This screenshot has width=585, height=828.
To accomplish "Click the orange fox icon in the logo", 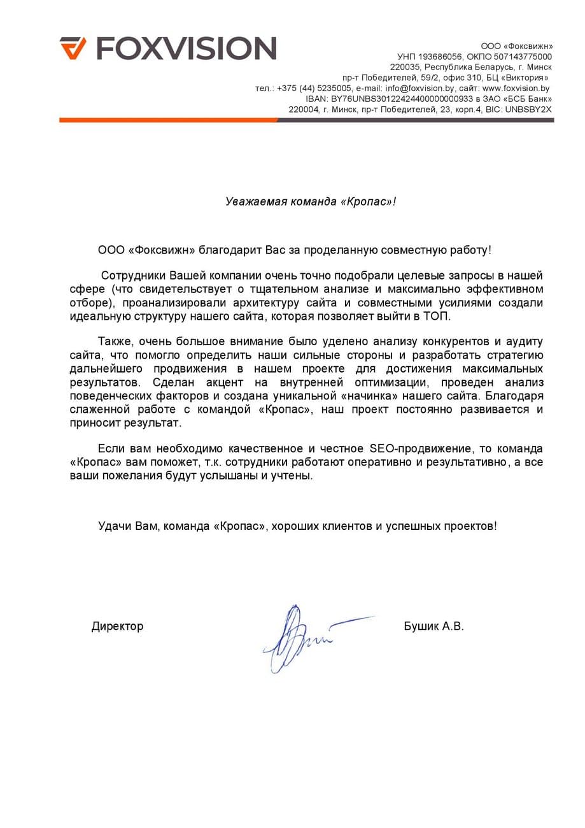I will coord(73,48).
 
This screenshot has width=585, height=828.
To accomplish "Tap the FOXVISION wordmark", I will coord(186,48).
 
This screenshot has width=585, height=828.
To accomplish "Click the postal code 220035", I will coord(405,67).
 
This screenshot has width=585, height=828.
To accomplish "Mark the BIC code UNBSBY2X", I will coord(528,110).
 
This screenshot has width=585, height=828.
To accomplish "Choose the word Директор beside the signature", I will coord(117,626).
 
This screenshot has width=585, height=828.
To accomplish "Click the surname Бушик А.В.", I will coord(433,626).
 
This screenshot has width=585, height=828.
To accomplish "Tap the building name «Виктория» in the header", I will coord(528,78).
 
